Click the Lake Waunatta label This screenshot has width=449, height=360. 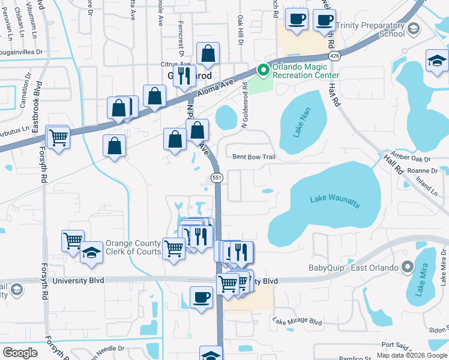tap(335, 202)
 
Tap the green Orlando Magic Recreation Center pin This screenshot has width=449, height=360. tap(262, 71)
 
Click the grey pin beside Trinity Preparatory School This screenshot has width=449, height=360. tap(413, 29)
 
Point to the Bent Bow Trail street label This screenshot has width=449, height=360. tap(253, 157)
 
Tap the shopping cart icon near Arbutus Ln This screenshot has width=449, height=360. tap(58, 137)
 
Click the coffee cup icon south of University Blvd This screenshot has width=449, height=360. tap(201, 297)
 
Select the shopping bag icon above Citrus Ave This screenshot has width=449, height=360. tap(208, 53)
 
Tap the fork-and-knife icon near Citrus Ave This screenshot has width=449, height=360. tap(185, 76)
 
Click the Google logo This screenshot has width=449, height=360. tap(20, 352)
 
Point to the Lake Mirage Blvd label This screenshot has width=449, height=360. tap(297, 321)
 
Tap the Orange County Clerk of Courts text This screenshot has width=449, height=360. tap(133, 248)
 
